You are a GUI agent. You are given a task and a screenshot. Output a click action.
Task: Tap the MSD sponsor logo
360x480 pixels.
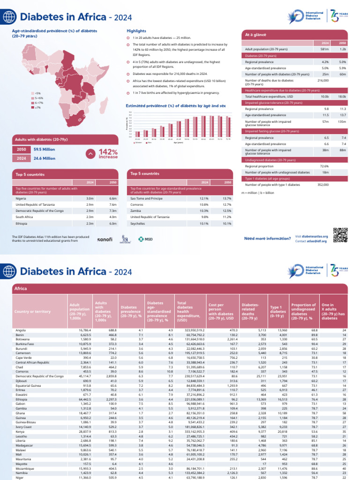(x=145, y=239)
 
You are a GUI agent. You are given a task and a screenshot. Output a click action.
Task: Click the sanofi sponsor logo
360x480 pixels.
(x=105, y=239)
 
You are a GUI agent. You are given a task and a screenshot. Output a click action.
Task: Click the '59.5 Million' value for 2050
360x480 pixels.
(x=45, y=149)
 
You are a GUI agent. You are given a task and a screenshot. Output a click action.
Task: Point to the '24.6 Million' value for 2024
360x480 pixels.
(x=45, y=158)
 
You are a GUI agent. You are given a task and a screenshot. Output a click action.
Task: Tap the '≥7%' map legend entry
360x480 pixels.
(x=38, y=107)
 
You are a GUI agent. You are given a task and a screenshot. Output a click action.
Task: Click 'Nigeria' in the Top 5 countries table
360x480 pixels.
(x=21, y=198)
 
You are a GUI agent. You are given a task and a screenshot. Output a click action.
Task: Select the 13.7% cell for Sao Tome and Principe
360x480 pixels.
(x=227, y=198)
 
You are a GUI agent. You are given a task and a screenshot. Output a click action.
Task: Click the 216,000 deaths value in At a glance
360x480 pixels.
(x=323, y=80)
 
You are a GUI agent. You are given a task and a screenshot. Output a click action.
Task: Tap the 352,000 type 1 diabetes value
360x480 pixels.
(x=323, y=185)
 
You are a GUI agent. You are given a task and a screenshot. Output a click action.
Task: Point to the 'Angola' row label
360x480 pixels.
(x=21, y=330)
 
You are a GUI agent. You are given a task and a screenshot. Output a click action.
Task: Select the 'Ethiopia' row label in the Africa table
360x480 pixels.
(x=22, y=399)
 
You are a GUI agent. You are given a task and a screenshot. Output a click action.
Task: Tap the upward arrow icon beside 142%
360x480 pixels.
(x=90, y=154)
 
